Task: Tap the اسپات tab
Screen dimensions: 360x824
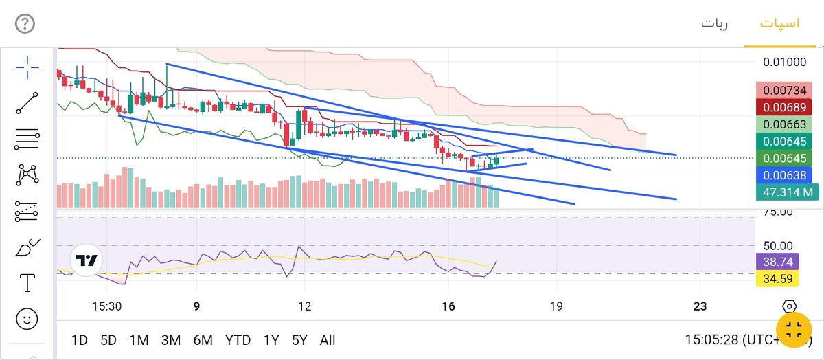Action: tap(779, 23)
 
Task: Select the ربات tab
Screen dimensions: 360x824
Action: tap(714, 23)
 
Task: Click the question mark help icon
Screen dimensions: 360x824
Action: tap(25, 24)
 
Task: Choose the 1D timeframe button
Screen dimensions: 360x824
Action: tap(80, 339)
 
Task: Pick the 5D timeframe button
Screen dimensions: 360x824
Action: tap(108, 339)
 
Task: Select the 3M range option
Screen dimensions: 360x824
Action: tap(171, 339)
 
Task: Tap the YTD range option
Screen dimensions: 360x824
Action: tap(238, 339)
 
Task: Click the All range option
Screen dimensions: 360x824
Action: tap(328, 339)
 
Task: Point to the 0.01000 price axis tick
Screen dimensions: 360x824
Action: tap(785, 63)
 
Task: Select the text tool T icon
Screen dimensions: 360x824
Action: tap(27, 282)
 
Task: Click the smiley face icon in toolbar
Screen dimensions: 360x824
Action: tap(27, 319)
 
